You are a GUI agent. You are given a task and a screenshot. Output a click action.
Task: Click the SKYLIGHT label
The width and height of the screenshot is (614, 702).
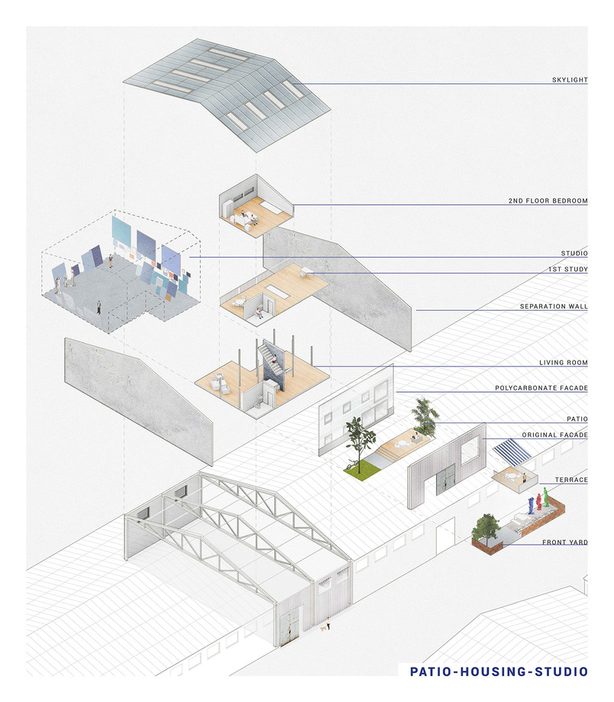point(569,79)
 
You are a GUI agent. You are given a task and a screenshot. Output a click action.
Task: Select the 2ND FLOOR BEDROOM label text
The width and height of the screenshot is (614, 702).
point(548,201)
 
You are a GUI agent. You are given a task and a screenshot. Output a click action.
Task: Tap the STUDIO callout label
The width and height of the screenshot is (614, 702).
point(574,253)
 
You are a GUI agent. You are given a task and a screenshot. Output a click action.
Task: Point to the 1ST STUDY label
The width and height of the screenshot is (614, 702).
point(568,269)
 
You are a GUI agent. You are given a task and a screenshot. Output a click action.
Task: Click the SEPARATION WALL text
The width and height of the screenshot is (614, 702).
point(554,306)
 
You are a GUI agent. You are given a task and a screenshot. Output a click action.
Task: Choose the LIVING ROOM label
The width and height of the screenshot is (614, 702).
point(563,362)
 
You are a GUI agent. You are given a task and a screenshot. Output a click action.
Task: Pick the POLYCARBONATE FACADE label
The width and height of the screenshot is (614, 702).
point(541,388)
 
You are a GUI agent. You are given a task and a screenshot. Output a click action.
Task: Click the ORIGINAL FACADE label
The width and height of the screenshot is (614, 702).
point(554,435)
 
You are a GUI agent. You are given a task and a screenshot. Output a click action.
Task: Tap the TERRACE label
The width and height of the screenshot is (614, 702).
point(571,480)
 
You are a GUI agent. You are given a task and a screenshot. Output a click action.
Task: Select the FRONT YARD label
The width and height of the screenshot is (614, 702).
point(565,542)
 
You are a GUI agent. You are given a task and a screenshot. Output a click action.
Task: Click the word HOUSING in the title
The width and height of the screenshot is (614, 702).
point(493,671)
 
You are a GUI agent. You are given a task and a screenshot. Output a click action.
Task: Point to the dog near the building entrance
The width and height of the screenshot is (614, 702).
point(323,629)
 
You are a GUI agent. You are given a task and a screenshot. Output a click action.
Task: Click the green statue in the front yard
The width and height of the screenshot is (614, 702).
point(546,497)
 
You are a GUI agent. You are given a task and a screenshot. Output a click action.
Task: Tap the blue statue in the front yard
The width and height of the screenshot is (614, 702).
point(532,506)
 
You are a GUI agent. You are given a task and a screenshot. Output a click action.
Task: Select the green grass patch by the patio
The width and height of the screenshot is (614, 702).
point(362,470)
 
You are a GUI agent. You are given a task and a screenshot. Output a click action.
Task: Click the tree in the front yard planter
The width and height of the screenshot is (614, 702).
point(486,529)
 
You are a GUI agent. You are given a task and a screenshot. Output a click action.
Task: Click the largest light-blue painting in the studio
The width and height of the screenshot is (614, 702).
point(121,235)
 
